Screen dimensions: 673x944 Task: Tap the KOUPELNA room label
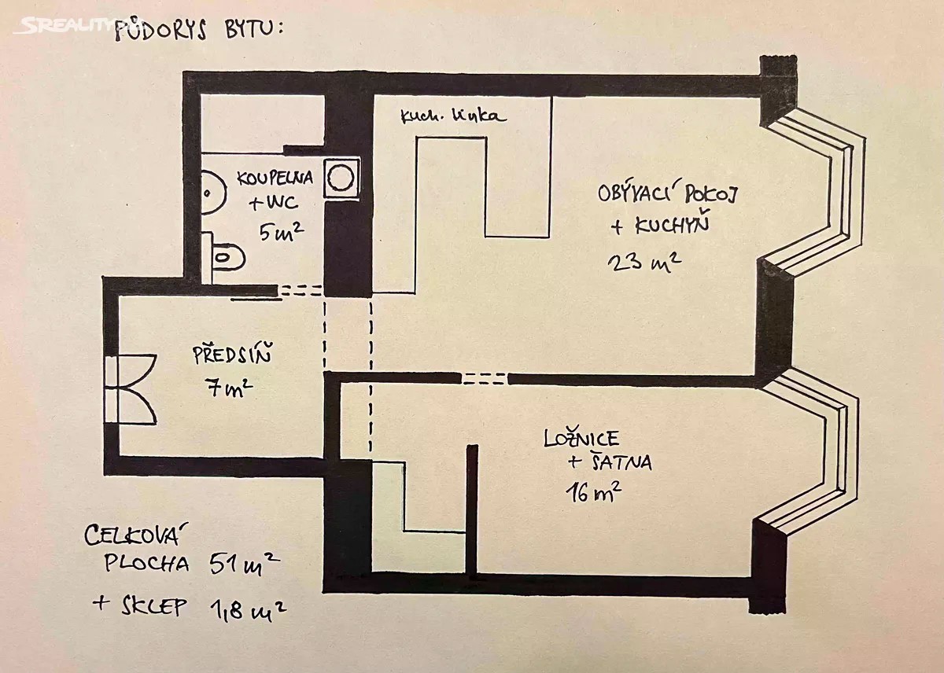pos(275,178)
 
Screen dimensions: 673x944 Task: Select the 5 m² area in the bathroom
pos(281,231)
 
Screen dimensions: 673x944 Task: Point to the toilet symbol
pos(227,255)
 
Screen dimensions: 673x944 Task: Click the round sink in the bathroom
pos(206,192)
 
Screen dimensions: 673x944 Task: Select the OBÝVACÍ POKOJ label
pos(670,193)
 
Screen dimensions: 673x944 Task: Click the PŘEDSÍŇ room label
pos(232,355)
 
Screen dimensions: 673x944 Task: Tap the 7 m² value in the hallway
pos(230,388)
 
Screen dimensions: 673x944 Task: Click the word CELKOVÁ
pos(133,537)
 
